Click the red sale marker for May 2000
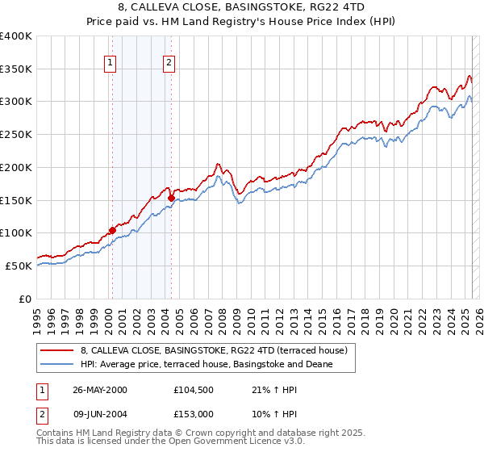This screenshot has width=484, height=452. point(112,230)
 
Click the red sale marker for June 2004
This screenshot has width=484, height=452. point(171,198)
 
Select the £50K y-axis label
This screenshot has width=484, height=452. point(18,266)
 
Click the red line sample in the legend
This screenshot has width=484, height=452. point(56,350)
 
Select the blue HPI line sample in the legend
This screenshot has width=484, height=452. point(56,365)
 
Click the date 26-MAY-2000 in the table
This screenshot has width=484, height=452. point(99,390)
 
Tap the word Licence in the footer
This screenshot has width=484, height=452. point(249,442)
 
